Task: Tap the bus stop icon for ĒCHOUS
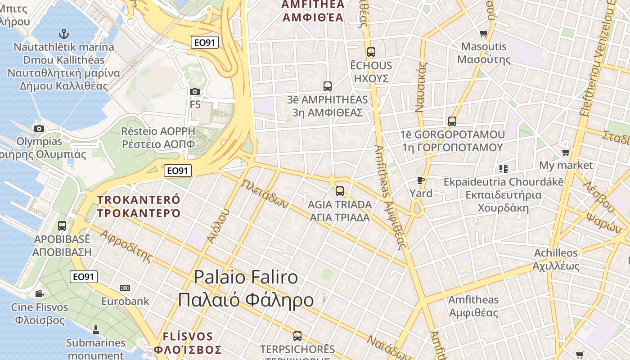click(x=371, y=52)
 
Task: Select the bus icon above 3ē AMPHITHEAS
click(x=328, y=86)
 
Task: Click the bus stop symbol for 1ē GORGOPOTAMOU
click(x=452, y=121)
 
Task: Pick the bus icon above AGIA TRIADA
click(x=340, y=191)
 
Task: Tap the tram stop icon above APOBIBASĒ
click(x=62, y=226)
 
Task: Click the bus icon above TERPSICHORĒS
click(x=297, y=336)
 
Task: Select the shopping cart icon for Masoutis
click(x=484, y=33)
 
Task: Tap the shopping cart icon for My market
click(x=566, y=153)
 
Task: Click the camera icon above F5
click(x=195, y=92)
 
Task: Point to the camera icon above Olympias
click(x=39, y=129)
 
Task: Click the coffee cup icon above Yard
click(x=421, y=180)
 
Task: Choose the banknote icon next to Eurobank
click(x=125, y=288)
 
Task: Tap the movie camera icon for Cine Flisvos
click(x=39, y=294)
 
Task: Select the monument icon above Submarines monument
click(x=95, y=330)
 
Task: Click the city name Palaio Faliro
click(x=246, y=277)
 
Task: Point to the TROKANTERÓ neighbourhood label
click(x=139, y=200)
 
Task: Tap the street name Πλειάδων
click(x=265, y=194)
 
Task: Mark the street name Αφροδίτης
click(x=126, y=246)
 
